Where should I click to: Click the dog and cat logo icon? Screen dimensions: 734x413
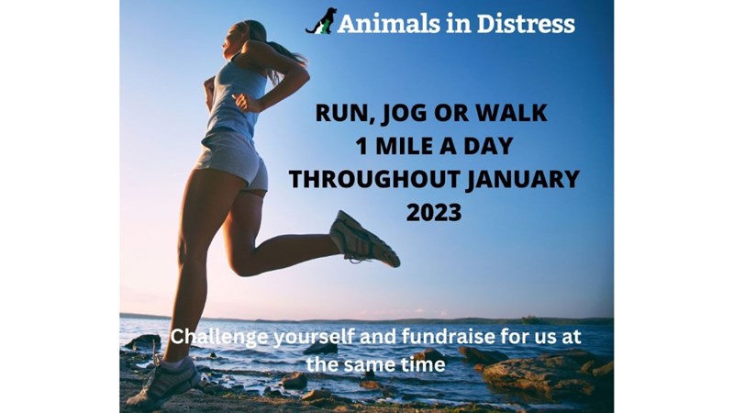[321, 21]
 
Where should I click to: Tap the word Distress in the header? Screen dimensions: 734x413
[525, 24]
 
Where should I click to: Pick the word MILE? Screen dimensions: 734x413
[416, 147]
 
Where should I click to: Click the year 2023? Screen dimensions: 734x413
[434, 213]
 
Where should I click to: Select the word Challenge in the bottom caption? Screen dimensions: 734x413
[219, 338]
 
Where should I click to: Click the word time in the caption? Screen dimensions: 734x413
[425, 364]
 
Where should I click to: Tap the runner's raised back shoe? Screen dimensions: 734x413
[364, 239]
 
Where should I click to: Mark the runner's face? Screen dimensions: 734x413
[232, 39]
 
